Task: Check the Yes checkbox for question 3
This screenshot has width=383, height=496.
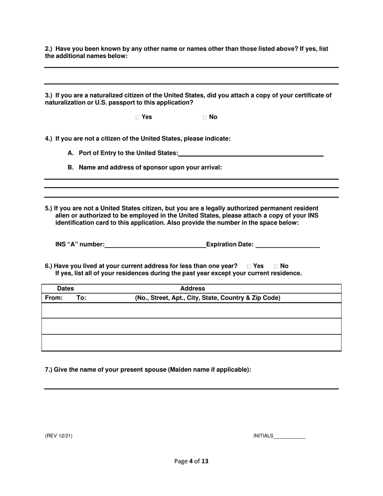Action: [138, 117]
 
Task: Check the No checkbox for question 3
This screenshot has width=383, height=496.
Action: [205, 117]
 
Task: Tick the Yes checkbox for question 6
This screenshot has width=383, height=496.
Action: [249, 266]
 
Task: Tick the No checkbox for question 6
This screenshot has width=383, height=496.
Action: [276, 266]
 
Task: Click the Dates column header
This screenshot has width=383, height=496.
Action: [65, 289]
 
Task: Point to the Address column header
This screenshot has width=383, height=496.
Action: [193, 289]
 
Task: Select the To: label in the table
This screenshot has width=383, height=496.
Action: [81, 298]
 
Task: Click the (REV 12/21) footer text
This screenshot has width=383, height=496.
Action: [59, 436]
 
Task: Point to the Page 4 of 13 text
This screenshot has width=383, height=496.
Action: [191, 461]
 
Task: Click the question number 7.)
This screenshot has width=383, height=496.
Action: [48, 369]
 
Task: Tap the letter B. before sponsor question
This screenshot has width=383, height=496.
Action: [71, 167]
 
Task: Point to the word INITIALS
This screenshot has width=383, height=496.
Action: [263, 436]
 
